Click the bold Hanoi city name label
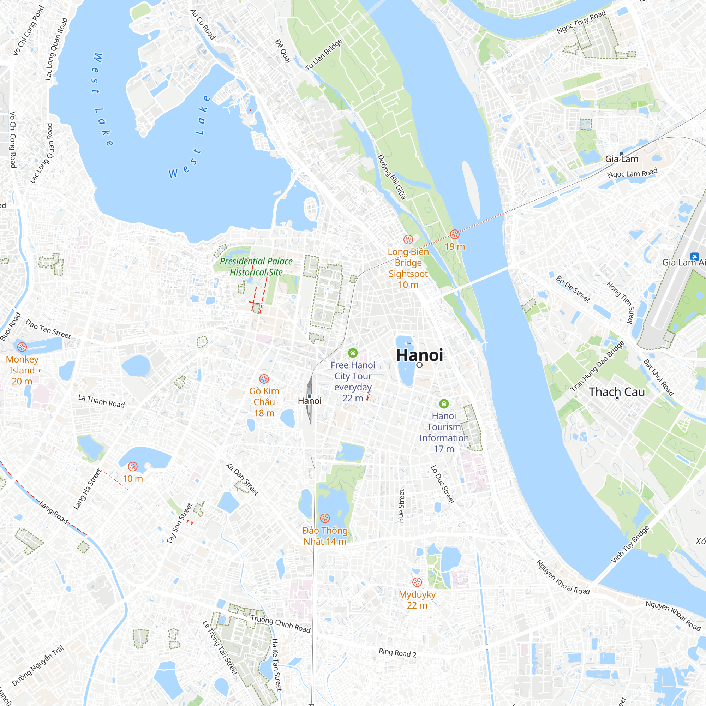click(419, 355)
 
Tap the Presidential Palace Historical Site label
click(256, 267)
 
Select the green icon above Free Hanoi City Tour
click(353, 353)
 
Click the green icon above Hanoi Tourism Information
click(444, 403)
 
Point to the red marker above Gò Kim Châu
click(264, 379)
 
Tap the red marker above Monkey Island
click(22, 347)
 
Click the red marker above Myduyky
click(417, 582)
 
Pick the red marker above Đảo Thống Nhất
click(325, 518)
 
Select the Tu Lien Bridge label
click(323, 55)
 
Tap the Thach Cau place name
click(617, 392)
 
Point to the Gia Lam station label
click(622, 159)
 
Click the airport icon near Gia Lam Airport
click(694, 257)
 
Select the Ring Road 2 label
click(397, 652)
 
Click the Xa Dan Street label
click(242, 479)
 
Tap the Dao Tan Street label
click(48, 329)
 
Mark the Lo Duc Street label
click(443, 485)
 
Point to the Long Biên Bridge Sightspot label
click(408, 268)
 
